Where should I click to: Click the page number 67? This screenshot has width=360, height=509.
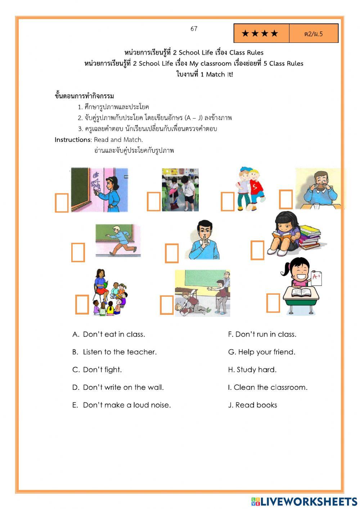pyautogui.click(x=194, y=29)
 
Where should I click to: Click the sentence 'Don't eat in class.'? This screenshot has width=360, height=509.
pyautogui.click(x=114, y=334)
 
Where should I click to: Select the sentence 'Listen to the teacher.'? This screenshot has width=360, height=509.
pyautogui.click(x=120, y=352)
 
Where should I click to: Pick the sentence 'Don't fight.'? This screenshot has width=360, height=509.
pyautogui.click(x=102, y=370)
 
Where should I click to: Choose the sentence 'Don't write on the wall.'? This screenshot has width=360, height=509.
pyautogui.click(x=123, y=387)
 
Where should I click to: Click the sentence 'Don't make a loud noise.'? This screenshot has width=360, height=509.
pyautogui.click(x=127, y=405)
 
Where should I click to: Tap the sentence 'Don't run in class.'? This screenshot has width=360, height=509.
pyautogui.click(x=266, y=334)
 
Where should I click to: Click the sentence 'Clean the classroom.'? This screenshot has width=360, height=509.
pyautogui.click(x=270, y=387)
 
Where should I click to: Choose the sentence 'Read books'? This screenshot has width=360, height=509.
pyautogui.click(x=256, y=405)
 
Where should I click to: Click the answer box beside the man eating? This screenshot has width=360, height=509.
pyautogui.click(x=286, y=199)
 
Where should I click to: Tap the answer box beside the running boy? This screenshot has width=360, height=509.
pyautogui.click(x=78, y=252)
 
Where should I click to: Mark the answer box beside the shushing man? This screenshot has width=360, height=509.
pyautogui.click(x=171, y=253)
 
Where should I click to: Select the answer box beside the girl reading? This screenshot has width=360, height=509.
pyautogui.click(x=257, y=250)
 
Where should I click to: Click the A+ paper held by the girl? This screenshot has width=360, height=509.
pyautogui.click(x=317, y=278)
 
